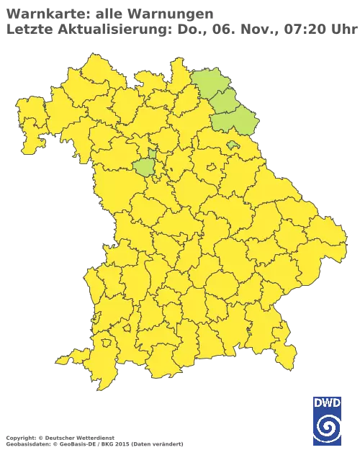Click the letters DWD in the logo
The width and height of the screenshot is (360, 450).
[x=327, y=402]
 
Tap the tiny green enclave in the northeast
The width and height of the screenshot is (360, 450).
[x=232, y=145]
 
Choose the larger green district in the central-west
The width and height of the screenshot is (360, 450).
[x=144, y=168]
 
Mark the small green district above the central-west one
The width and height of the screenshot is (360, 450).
[x=153, y=153]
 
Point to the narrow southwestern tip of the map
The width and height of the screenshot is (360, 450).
[x=61, y=359]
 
